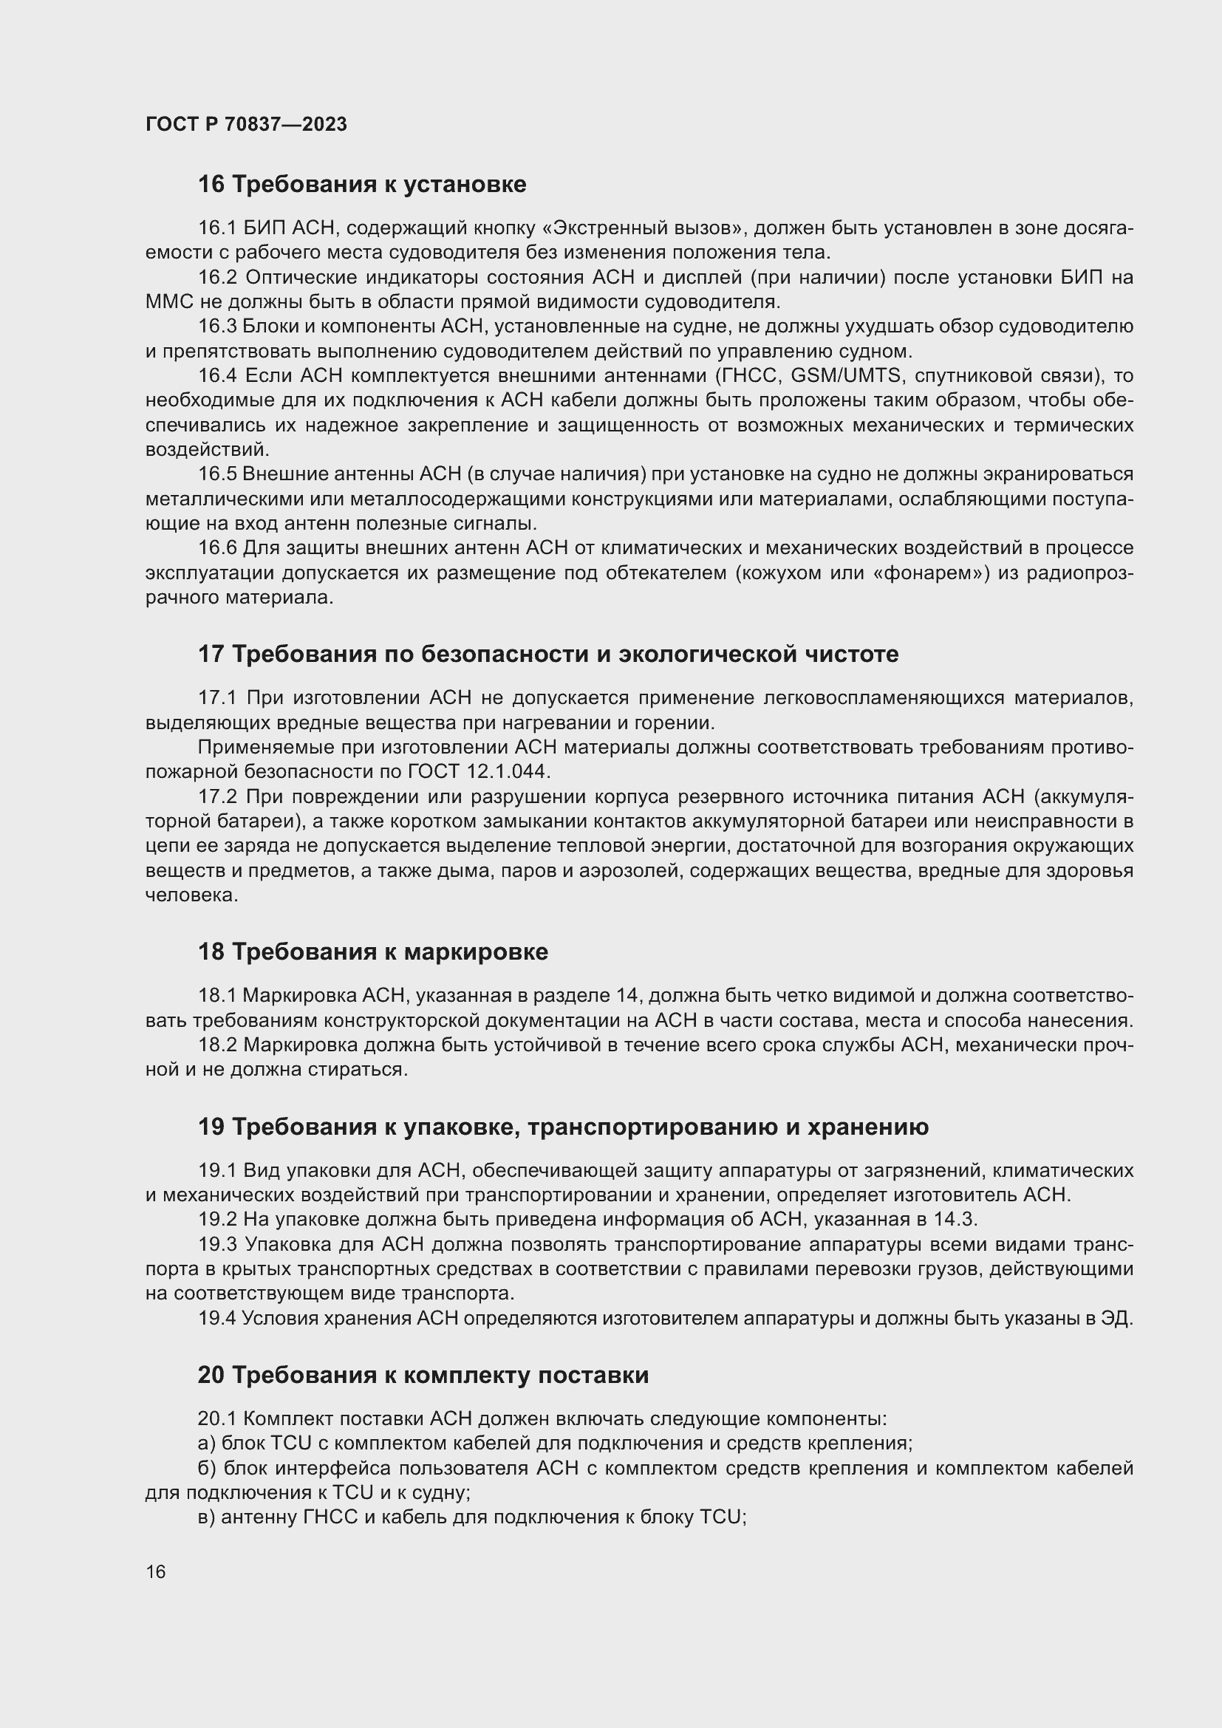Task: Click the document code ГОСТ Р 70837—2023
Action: pos(246,124)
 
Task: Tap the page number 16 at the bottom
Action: pos(156,1571)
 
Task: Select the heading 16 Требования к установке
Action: pos(362,185)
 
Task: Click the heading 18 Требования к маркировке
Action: pos(372,952)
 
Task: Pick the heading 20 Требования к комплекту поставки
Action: pos(423,1375)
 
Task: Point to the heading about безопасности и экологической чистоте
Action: pos(547,654)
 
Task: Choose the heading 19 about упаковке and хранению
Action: pos(563,1127)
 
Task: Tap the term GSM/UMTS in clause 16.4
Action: pos(845,375)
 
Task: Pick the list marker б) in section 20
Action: pos(208,1469)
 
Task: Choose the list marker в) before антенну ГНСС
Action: pos(208,1517)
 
